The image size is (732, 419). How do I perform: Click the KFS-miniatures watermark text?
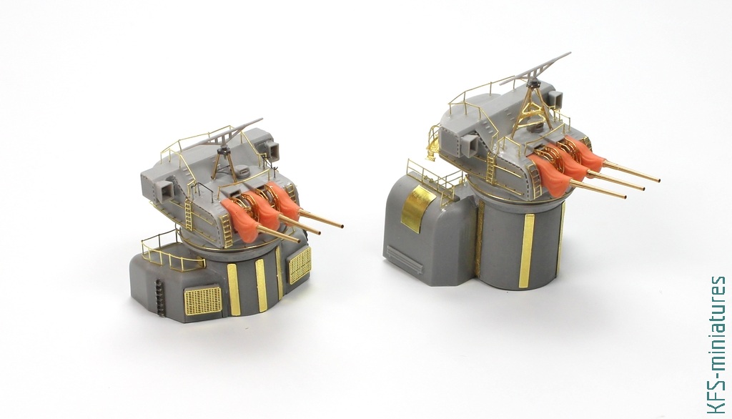pos(716,345)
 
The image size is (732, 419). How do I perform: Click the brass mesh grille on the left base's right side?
pos(300,265)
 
